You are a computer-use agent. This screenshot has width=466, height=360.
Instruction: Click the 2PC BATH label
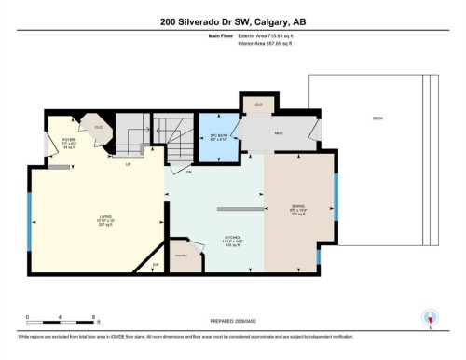coord(220,137)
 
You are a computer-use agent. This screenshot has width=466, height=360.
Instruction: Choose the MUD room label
coord(278,132)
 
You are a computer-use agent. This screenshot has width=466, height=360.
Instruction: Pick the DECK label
coord(377,118)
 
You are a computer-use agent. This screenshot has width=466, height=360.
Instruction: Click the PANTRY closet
coord(183,256)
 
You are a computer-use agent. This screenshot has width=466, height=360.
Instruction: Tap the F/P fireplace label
coord(156,266)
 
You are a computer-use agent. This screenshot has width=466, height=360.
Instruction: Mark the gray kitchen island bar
coord(240,208)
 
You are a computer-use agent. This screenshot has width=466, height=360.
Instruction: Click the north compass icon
coord(430,317)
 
